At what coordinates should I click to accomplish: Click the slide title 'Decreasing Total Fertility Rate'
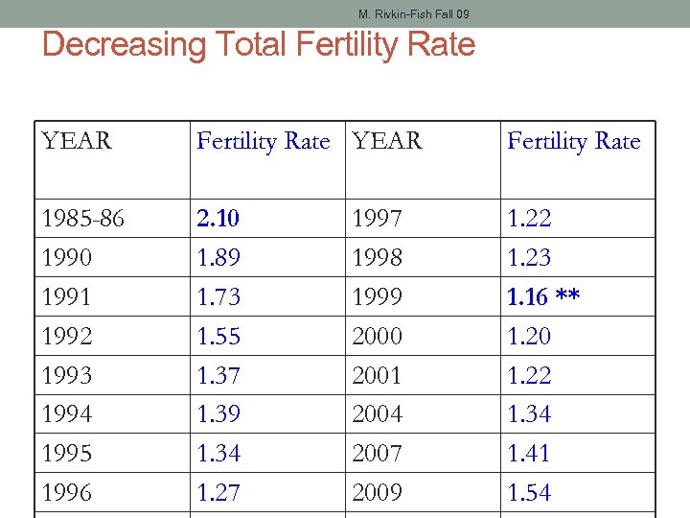tap(259, 44)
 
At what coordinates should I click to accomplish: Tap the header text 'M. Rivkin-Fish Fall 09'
tap(413, 14)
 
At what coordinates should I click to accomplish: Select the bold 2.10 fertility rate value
tap(218, 219)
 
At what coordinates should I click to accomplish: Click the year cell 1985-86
tap(82, 219)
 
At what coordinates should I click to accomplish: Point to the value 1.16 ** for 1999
tap(543, 297)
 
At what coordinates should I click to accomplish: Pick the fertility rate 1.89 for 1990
tap(218, 258)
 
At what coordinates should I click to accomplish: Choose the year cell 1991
tap(67, 297)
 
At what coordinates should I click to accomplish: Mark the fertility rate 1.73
tap(218, 297)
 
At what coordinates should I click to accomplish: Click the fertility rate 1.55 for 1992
tap(218, 337)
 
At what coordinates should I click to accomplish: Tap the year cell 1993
tap(67, 375)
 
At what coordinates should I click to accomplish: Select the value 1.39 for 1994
tap(218, 414)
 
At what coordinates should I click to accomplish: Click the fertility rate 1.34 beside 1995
tap(218, 453)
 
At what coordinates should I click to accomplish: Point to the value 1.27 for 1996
tap(218, 492)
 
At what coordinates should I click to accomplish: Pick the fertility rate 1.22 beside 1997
tap(529, 219)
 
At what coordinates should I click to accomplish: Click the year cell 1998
tap(378, 258)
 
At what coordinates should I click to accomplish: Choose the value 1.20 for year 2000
tap(529, 337)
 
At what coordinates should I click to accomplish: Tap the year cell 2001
tap(378, 375)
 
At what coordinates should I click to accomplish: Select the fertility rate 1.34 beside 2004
tap(529, 414)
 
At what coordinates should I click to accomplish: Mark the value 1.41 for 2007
tap(529, 453)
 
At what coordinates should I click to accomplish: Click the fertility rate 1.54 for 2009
tap(529, 492)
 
